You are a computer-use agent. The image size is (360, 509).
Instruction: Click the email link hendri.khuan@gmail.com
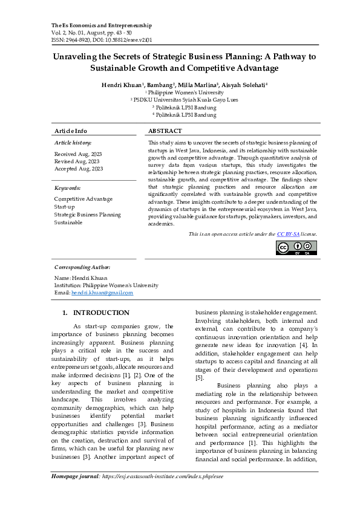[102, 293]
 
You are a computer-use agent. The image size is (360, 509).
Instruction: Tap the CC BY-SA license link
[287, 234]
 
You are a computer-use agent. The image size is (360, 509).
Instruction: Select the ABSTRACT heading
[165, 131]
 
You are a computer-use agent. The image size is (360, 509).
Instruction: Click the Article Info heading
[71, 131]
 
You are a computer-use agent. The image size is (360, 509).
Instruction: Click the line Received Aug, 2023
[77, 154]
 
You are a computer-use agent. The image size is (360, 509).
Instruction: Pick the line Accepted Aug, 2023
[79, 169]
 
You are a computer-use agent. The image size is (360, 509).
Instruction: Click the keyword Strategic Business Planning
[87, 214]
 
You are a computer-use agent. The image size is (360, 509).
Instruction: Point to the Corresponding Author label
[82, 267]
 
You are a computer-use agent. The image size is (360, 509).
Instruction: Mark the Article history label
[73, 143]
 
